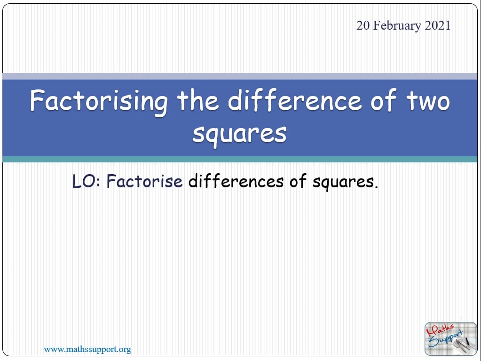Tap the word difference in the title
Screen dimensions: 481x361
(x=295, y=100)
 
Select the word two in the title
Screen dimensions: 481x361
(x=428, y=101)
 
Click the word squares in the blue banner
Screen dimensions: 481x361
(x=240, y=135)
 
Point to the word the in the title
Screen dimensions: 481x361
(x=197, y=100)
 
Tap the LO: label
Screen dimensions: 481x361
(x=86, y=181)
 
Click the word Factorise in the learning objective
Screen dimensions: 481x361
(x=144, y=181)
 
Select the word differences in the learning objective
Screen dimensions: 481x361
(x=236, y=181)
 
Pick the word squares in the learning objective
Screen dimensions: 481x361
(x=345, y=182)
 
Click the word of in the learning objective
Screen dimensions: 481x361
(x=298, y=181)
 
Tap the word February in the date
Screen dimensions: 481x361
(x=397, y=26)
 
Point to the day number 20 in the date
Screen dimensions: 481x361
(x=363, y=25)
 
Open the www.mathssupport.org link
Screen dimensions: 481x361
(x=87, y=349)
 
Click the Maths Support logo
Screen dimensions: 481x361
(x=450, y=339)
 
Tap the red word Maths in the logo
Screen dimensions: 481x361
(x=440, y=330)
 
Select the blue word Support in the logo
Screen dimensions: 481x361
(x=445, y=339)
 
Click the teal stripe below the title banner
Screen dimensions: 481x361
(x=240, y=159)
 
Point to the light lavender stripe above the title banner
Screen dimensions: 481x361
(x=240, y=76)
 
